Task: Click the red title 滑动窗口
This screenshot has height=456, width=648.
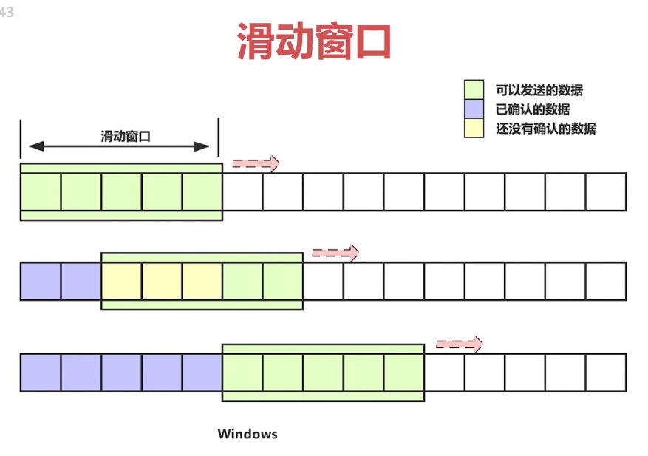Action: point(314,41)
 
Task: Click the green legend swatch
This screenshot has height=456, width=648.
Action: point(474,90)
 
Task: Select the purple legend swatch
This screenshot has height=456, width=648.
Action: point(474,109)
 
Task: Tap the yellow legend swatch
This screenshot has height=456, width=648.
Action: point(474,129)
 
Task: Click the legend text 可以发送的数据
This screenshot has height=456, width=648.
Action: point(539,90)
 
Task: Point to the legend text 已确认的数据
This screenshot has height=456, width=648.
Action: point(533,109)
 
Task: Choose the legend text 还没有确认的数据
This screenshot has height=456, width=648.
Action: point(546,129)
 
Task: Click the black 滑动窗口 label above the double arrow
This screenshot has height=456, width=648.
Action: point(126,136)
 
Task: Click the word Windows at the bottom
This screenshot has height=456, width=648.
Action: point(248,434)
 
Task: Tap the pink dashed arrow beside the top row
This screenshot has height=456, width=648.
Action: point(256,163)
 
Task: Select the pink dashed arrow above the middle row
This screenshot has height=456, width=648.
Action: point(335,253)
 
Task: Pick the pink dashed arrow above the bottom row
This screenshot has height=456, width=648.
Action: point(459,344)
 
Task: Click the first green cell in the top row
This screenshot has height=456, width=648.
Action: point(41,192)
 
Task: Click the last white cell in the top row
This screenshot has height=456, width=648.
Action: point(606,192)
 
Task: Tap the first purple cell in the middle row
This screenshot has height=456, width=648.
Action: point(41,281)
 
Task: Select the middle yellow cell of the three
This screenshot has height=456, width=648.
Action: point(162,281)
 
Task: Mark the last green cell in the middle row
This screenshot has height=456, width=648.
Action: point(283,281)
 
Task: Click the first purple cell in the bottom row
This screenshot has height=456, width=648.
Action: point(41,372)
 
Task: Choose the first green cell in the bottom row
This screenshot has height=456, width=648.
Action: point(242,372)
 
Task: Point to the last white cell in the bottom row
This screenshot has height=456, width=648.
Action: point(606,372)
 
